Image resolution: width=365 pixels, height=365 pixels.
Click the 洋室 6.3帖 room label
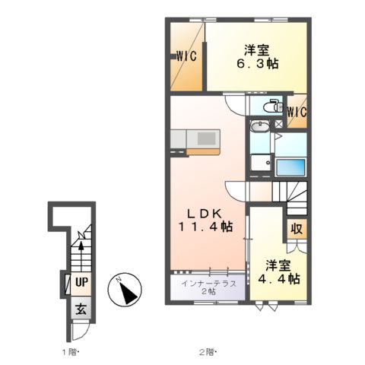pyautogui.click(x=258, y=57)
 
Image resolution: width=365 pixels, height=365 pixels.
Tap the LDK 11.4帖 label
pyautogui.click(x=205, y=221)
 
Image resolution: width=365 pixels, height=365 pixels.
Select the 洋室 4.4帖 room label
pyautogui.click(x=279, y=272)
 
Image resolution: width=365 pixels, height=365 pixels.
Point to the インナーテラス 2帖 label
pyautogui.click(x=208, y=287)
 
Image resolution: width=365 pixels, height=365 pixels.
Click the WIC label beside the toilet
pyautogui.click(x=297, y=112)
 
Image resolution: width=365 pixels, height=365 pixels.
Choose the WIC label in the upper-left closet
pyautogui.click(x=186, y=56)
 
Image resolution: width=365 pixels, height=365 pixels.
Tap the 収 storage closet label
pyautogui.click(x=297, y=229)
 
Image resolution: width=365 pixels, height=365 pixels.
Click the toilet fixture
pyautogui.click(x=273, y=106)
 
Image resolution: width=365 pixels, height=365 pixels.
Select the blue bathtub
pyautogui.click(x=290, y=167)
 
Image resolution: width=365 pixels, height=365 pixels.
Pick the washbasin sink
pyautogui.click(x=260, y=126)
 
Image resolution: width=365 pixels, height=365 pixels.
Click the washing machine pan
pyautogui.click(x=261, y=163)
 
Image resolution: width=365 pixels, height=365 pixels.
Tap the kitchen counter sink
pyautogui.click(x=207, y=138)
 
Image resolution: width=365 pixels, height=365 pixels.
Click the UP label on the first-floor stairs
pyautogui.click(x=81, y=282)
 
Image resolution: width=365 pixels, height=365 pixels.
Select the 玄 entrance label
pyautogui.click(x=81, y=309)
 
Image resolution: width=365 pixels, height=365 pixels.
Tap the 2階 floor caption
pyautogui.click(x=208, y=352)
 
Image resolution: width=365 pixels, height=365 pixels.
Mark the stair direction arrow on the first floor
pyautogui.click(x=81, y=256)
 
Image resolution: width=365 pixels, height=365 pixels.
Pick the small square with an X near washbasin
pyautogui.click(x=278, y=124)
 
